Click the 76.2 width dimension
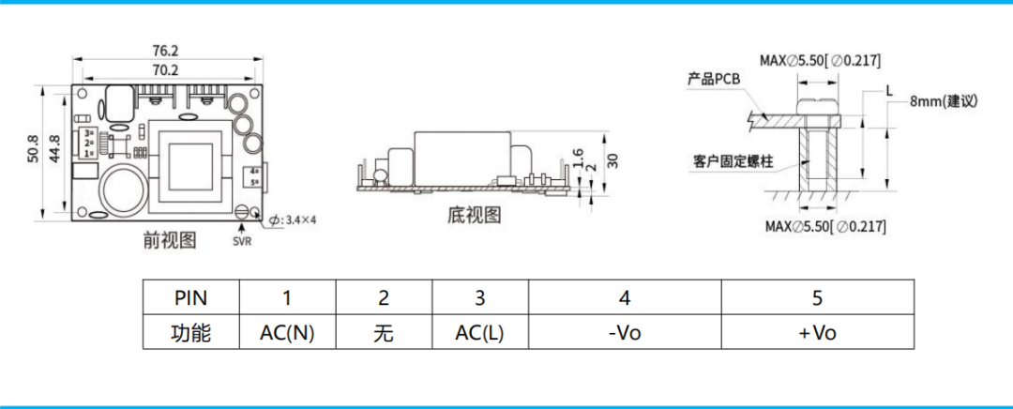point(165,51)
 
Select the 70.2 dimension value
point(165,70)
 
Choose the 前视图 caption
point(170,240)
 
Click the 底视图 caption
point(475,216)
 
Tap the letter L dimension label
point(888,91)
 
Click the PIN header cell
point(191,298)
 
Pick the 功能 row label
point(191,333)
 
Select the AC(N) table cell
point(287,333)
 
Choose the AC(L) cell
point(479,333)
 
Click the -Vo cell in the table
point(624,333)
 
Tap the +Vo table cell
point(817,333)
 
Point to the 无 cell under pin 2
point(383,333)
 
